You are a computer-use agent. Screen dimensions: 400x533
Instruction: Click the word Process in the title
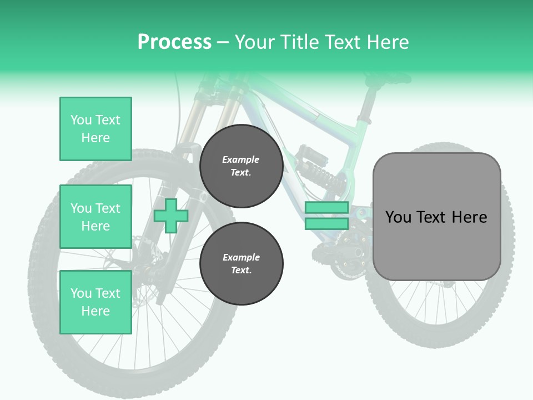pyautogui.click(x=174, y=42)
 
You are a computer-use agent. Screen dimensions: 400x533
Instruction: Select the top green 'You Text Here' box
pyautogui.click(x=95, y=129)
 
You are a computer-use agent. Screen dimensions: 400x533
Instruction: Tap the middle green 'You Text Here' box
pyautogui.click(x=95, y=217)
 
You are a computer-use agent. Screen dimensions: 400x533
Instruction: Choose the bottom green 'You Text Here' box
pyautogui.click(x=95, y=302)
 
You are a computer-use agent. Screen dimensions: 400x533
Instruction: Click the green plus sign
pyautogui.click(x=170, y=216)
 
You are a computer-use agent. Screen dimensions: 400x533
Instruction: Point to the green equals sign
pyautogui.click(x=326, y=216)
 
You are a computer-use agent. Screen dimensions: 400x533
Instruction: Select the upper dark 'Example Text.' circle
pyautogui.click(x=241, y=166)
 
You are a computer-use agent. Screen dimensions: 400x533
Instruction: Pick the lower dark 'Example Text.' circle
pyautogui.click(x=241, y=263)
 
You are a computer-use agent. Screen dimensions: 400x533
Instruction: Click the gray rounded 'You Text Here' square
pyautogui.click(x=436, y=217)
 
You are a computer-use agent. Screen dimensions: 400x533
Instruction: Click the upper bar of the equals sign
pyautogui.click(x=326, y=208)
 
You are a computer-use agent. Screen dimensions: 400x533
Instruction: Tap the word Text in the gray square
pyautogui.click(x=435, y=217)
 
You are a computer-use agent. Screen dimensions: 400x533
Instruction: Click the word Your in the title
pyautogui.click(x=255, y=42)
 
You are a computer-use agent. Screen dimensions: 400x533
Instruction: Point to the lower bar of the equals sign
pyautogui.click(x=326, y=224)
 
